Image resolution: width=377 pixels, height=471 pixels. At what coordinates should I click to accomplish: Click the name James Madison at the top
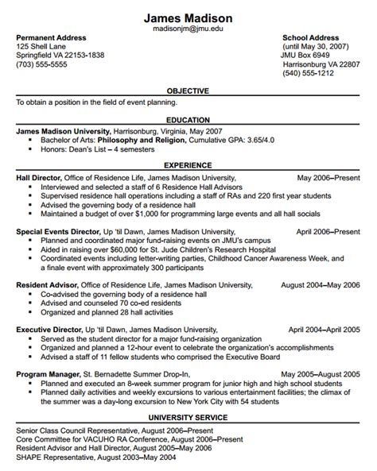pos(188,17)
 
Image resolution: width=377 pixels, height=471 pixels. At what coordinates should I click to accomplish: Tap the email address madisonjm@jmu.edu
pos(188,29)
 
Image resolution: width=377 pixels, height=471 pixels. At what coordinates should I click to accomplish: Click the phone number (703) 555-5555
pos(41,65)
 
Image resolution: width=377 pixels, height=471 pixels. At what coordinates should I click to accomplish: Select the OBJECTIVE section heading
pos(188,91)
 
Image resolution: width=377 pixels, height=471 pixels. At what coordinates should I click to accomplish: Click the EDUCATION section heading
pos(188,119)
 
